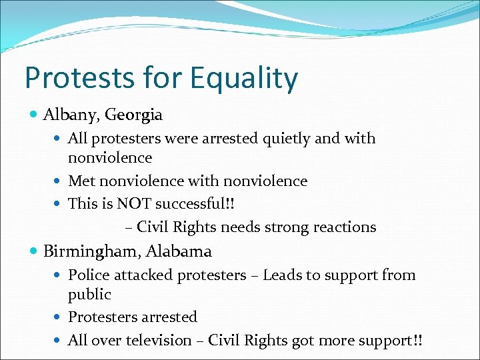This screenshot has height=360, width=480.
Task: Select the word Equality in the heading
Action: pyautogui.click(x=243, y=79)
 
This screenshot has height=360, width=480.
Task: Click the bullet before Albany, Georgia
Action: pyautogui.click(x=35, y=115)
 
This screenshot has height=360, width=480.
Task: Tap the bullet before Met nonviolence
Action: pyautogui.click(x=59, y=181)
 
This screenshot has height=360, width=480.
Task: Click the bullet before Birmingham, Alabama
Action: pyautogui.click(x=35, y=251)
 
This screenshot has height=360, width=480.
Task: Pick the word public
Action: pyautogui.click(x=89, y=294)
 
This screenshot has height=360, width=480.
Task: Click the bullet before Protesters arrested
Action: pyautogui.click(x=59, y=317)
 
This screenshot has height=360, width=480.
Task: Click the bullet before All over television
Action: pyautogui.click(x=59, y=340)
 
